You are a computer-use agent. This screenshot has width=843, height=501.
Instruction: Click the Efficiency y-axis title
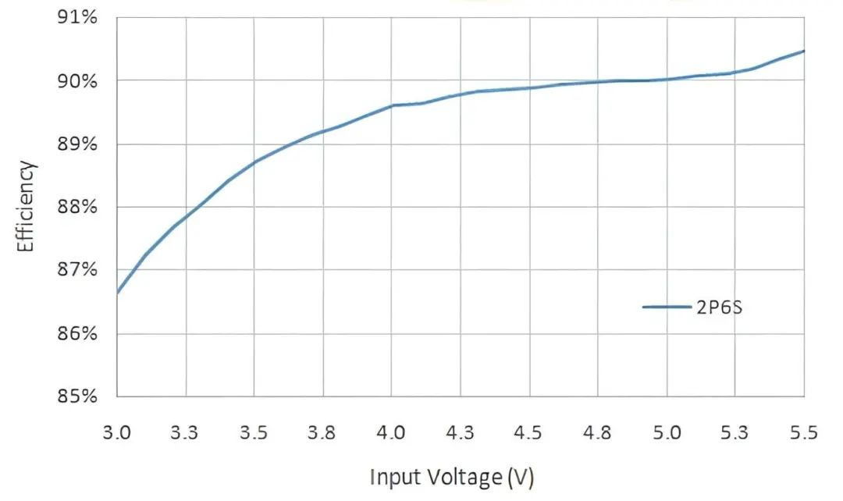(27, 207)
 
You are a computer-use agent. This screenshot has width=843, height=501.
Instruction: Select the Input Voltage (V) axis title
(452, 476)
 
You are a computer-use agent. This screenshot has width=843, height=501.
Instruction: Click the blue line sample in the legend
(667, 307)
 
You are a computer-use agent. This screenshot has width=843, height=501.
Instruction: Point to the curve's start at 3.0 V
(117, 293)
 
